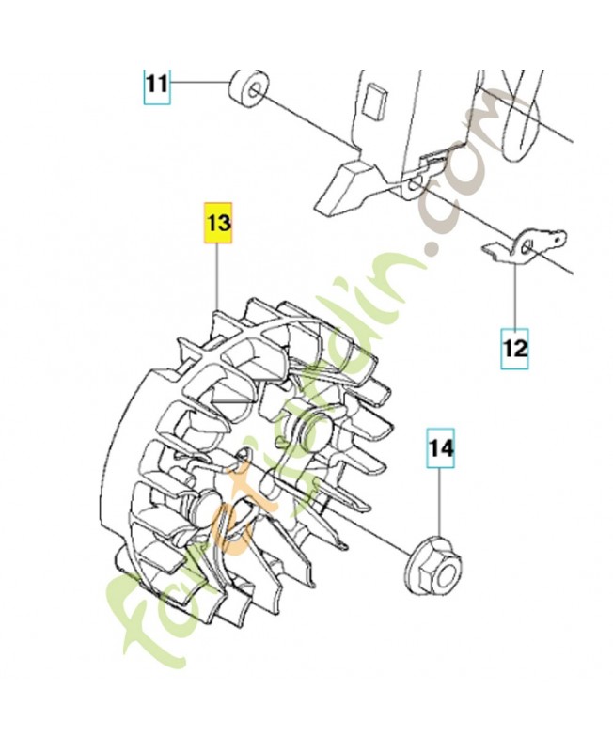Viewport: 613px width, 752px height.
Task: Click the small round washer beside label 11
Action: pyautogui.click(x=244, y=90)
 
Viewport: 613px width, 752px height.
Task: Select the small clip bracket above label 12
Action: pyautogui.click(x=526, y=247)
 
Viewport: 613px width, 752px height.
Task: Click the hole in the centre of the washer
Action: pyautogui.click(x=252, y=91)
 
